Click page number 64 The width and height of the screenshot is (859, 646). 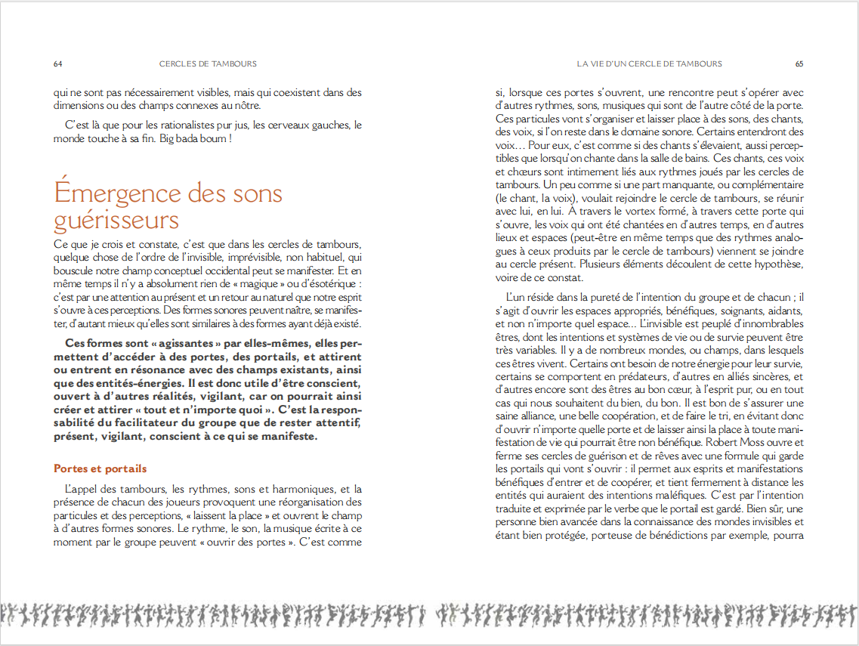tap(57, 63)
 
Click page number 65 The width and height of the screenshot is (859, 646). tap(799, 63)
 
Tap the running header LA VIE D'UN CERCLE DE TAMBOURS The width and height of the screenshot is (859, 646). tap(649, 63)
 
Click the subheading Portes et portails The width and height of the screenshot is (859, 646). tap(100, 468)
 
